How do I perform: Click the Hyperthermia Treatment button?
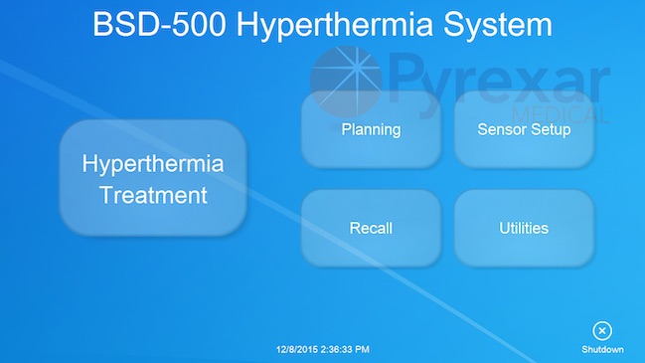point(153,178)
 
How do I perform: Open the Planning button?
point(371,129)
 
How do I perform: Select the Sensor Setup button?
point(524,129)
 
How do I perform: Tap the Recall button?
point(371,228)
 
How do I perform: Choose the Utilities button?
point(524,228)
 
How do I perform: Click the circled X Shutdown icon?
point(602,331)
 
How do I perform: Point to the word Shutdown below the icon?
point(602,349)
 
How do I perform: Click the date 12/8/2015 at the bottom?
point(297,349)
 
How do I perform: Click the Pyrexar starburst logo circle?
point(345,79)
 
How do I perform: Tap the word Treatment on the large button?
point(153,195)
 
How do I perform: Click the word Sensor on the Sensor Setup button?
point(501,129)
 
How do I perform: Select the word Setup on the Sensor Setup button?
point(550,129)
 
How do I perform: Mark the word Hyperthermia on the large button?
point(153,163)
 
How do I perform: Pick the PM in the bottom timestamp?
point(362,349)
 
